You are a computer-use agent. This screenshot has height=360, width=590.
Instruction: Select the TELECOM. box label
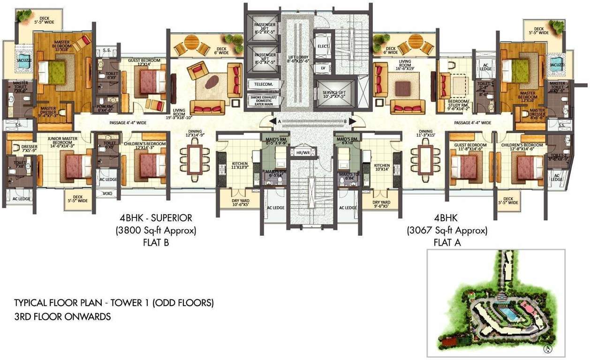point(264,84)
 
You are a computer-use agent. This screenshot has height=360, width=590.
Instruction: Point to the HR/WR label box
point(300,152)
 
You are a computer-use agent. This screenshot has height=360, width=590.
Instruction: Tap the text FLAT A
point(447,242)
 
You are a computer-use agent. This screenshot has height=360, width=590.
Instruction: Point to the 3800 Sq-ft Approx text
point(155,230)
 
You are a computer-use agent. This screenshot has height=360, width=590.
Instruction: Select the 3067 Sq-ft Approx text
point(447,231)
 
